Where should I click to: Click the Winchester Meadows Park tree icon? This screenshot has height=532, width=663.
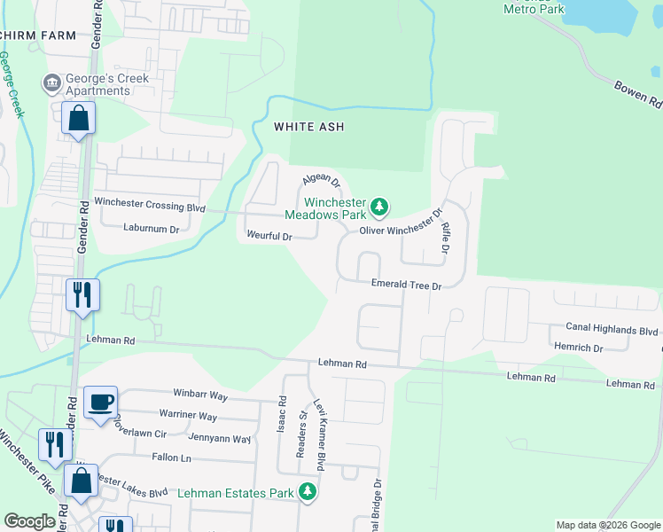point(379,207)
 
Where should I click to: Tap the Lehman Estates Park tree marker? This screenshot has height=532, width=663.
point(307,491)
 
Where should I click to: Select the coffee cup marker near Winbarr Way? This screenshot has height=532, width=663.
point(100,402)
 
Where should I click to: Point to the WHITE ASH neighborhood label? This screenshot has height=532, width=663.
point(308,127)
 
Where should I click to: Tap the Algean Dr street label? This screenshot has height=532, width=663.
point(322,181)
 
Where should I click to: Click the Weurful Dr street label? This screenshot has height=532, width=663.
point(269,237)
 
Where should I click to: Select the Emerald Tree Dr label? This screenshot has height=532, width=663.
point(405,286)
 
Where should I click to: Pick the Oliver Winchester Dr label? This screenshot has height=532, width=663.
point(400,223)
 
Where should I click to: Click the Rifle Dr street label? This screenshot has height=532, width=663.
point(445,234)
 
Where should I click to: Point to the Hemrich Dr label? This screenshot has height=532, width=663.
point(577,348)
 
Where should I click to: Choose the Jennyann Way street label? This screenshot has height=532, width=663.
point(219,438)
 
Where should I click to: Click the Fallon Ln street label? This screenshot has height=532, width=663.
point(172,458)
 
